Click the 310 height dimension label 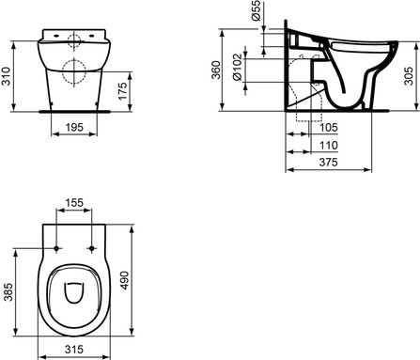7,76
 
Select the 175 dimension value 123,91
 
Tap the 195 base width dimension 74,127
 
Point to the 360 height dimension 216,70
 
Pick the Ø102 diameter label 238,68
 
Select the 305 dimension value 409,75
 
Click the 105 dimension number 329,127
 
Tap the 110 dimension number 329,145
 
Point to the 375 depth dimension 329,162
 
